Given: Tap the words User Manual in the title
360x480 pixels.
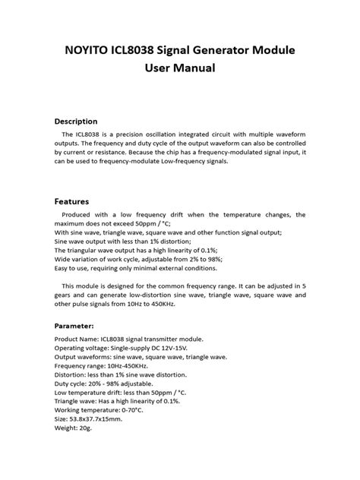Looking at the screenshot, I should point(180,68).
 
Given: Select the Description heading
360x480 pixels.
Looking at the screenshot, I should point(76,121).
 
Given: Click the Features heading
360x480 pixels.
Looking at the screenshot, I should point(72,202).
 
